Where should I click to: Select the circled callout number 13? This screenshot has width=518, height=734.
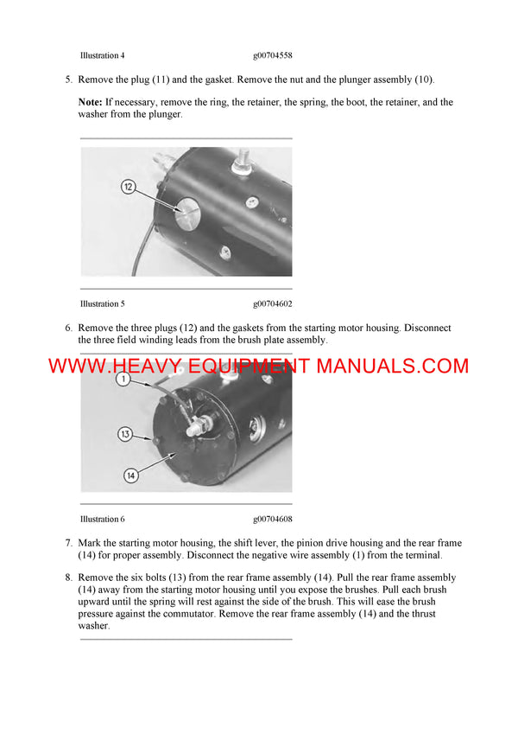pyautogui.click(x=124, y=434)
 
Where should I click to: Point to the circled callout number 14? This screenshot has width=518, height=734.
pyautogui.click(x=129, y=475)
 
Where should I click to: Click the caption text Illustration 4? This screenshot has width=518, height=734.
pyautogui.click(x=102, y=55)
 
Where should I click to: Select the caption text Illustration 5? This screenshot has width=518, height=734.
pyautogui.click(x=102, y=303)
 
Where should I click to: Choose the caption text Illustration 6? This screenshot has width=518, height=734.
pyautogui.click(x=102, y=519)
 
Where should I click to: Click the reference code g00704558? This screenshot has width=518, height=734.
pyautogui.click(x=273, y=55)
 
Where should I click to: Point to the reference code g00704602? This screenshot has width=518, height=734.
pyautogui.click(x=273, y=303)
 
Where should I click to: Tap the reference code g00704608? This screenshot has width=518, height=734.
pyautogui.click(x=273, y=519)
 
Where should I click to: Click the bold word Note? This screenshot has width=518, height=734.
pyautogui.click(x=91, y=102)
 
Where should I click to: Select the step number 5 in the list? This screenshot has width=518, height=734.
pyautogui.click(x=68, y=80)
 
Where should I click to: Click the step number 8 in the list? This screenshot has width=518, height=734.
pyautogui.click(x=68, y=578)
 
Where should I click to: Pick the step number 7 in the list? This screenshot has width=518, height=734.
pyautogui.click(x=68, y=542)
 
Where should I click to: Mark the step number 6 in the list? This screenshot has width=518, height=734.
pyautogui.click(x=68, y=329)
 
